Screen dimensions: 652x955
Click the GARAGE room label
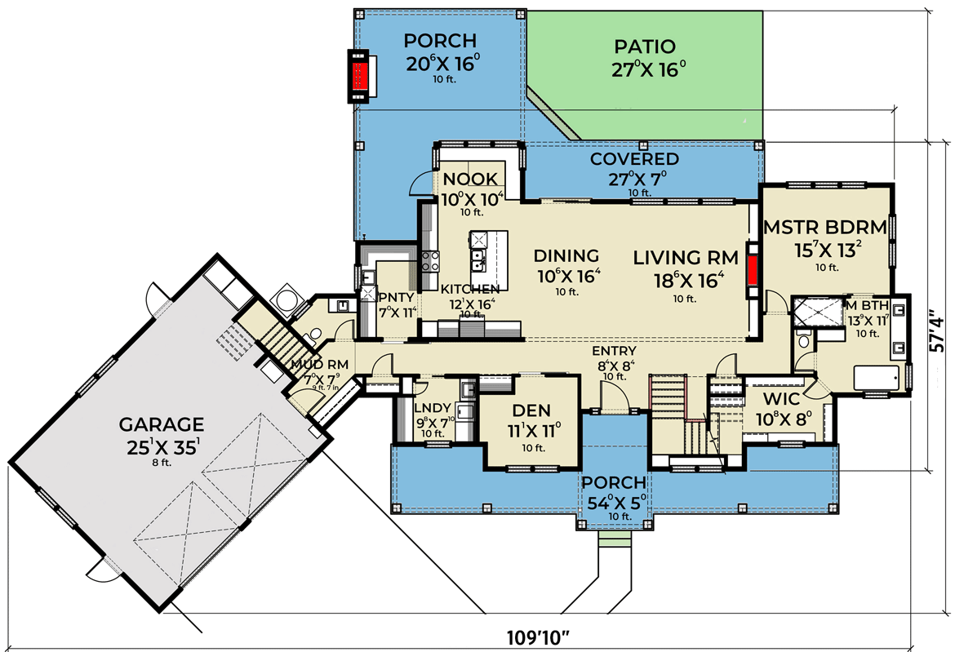[x=161, y=424]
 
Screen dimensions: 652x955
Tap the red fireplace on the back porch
[x=358, y=76]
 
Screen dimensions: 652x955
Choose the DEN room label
[x=531, y=410]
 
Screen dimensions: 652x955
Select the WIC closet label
[x=780, y=401]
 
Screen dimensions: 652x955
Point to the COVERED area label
[x=634, y=158]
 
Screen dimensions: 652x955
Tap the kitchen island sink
[x=479, y=261]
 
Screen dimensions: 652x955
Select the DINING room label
[x=567, y=256]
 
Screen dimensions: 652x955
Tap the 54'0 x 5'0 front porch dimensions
[x=614, y=502]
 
